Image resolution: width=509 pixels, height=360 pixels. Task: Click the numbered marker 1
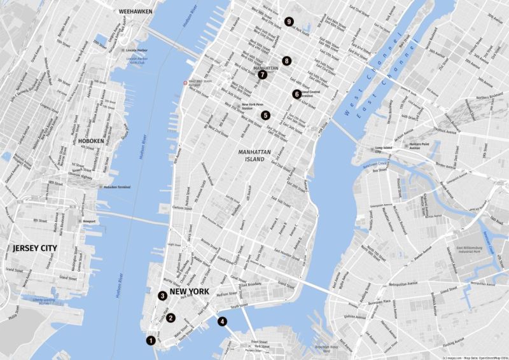coord(151,340)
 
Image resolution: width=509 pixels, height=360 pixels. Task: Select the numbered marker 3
coord(163,296)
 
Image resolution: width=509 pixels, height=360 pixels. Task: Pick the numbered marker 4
coord(222,321)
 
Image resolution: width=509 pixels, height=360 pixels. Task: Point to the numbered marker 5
coord(265,116)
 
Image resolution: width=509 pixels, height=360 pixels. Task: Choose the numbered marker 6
coord(296,94)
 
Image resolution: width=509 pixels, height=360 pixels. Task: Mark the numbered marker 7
coord(262,74)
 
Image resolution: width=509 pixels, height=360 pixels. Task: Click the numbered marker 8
coord(287,61)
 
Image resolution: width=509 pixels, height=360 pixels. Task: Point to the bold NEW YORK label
coord(189,292)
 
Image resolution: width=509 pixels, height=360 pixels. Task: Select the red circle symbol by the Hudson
coord(185,82)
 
